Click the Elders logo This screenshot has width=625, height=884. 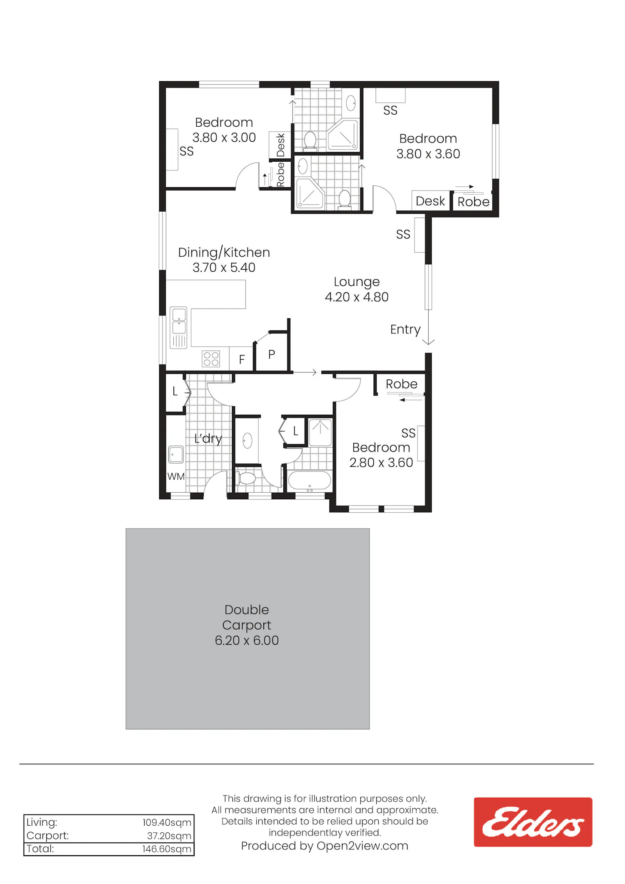click(x=533, y=822)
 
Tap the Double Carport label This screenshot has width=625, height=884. click(x=247, y=617)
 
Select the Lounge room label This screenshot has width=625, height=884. click(x=357, y=282)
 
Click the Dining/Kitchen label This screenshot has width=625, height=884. click(x=224, y=252)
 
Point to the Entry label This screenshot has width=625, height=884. click(x=405, y=329)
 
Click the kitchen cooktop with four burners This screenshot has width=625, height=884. click(x=211, y=359)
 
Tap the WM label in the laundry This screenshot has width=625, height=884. click(x=176, y=476)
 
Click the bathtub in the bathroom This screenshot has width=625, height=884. click(x=310, y=481)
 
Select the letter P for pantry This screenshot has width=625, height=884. click(x=272, y=354)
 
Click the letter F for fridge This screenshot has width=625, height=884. click(x=242, y=359)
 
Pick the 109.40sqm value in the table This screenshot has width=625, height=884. click(x=167, y=822)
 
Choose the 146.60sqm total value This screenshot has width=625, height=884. click(x=167, y=849)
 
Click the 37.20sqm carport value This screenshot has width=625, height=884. click(x=169, y=836)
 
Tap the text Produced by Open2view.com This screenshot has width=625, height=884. click(x=325, y=846)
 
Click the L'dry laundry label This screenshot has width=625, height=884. click(x=208, y=438)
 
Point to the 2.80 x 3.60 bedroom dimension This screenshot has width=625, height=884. click(x=381, y=463)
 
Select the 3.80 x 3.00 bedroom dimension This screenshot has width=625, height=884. click(x=224, y=138)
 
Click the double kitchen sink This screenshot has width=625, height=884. click(x=179, y=328)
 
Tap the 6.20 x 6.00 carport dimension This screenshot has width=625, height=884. click(x=247, y=640)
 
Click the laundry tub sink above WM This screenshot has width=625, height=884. click(x=176, y=454)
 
